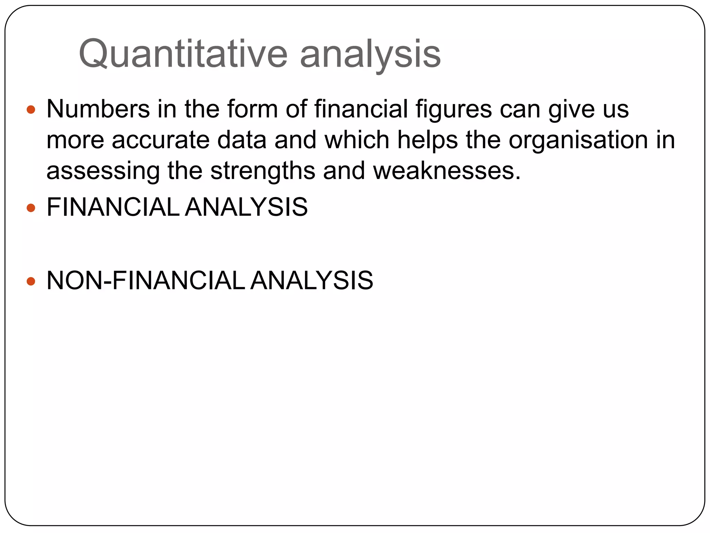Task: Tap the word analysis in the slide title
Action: click(x=370, y=54)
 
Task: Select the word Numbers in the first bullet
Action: click(x=98, y=109)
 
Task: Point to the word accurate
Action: click(x=161, y=140)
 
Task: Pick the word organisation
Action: click(x=578, y=140)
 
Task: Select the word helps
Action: click(x=427, y=140)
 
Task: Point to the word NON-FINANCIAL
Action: click(x=146, y=280)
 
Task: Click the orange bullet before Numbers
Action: click(x=31, y=110)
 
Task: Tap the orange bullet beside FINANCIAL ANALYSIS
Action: click(x=31, y=208)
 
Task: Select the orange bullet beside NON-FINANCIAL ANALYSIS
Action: click(x=31, y=281)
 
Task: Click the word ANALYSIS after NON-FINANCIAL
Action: click(x=311, y=280)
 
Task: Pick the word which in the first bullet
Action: click(x=357, y=140)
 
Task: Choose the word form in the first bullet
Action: click(x=252, y=109)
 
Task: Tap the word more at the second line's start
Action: click(x=75, y=140)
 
